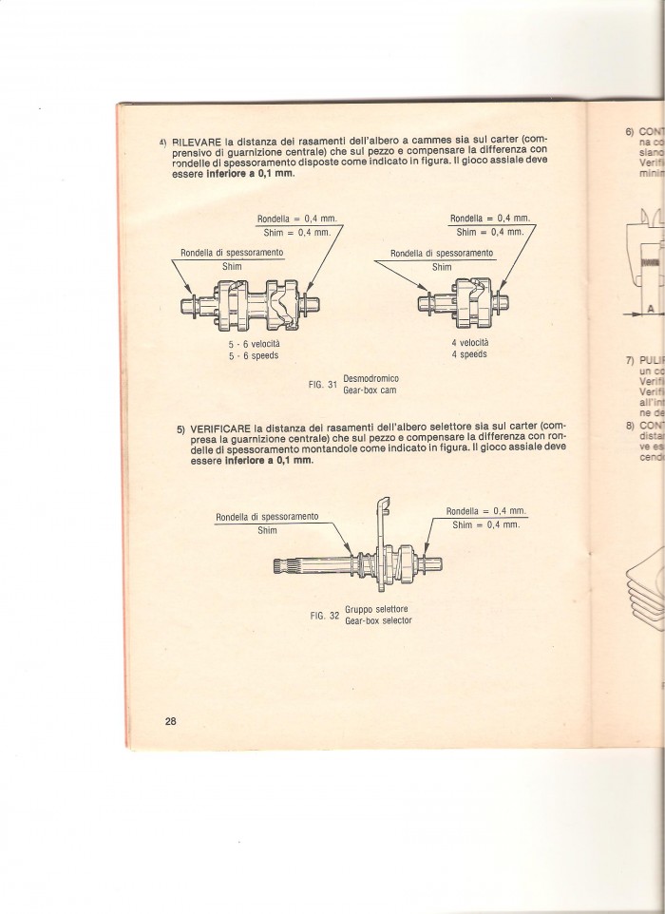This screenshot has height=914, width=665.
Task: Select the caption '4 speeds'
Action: [469, 353]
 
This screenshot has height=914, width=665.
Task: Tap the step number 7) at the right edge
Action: [628, 362]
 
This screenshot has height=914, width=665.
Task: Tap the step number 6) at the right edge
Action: [629, 131]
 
